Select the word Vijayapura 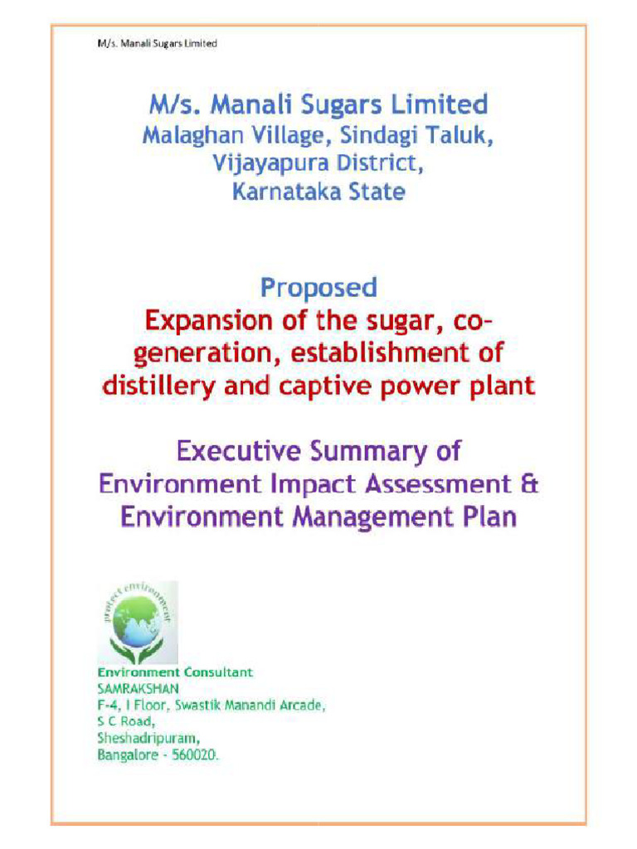coord(266,163)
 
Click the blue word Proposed coord(318,288)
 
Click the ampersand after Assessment coord(530,484)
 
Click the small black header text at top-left coord(154,43)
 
